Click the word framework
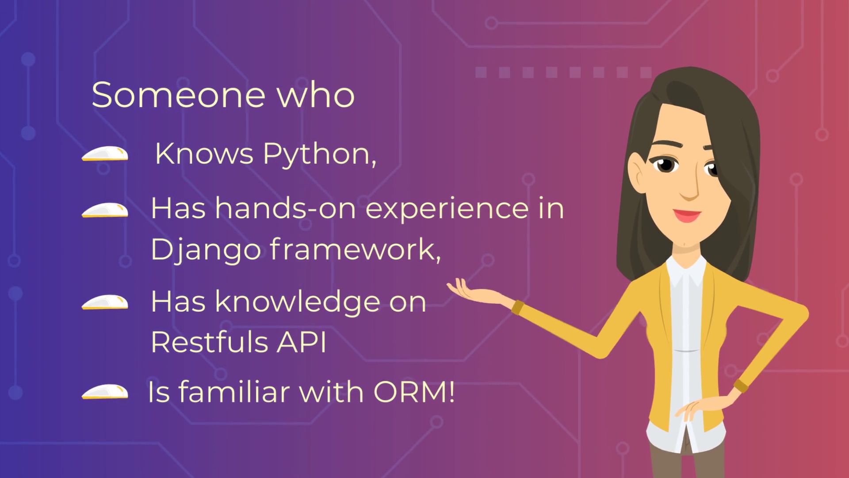(x=355, y=249)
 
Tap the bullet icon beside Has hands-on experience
(x=105, y=211)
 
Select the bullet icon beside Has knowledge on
(x=105, y=303)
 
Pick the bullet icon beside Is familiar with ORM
(x=105, y=393)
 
